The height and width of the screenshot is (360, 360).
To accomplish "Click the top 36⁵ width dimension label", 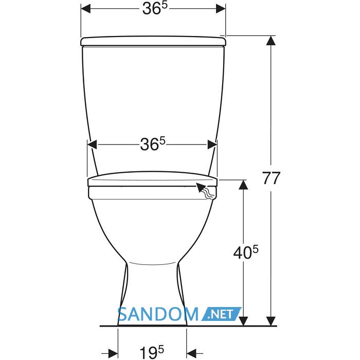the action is (154, 9).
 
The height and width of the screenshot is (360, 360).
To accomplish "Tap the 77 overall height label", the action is (272, 178).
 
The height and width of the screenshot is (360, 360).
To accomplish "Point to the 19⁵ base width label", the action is (152, 352).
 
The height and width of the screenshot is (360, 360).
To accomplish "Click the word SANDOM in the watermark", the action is (158, 314).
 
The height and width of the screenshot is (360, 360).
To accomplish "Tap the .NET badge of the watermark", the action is (221, 314).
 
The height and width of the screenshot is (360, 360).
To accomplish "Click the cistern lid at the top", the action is (153, 41).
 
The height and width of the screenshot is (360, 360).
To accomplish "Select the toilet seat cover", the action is (153, 179).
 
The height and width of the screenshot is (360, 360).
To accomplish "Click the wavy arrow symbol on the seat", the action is (206, 190).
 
